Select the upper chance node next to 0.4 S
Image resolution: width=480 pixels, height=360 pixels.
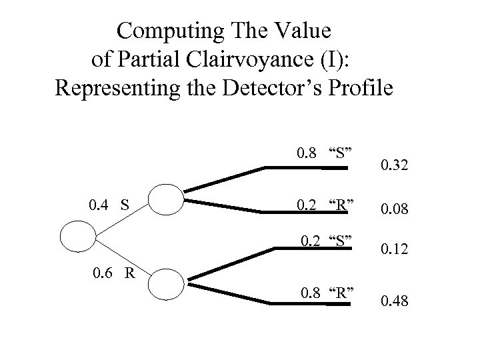click(164, 199)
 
